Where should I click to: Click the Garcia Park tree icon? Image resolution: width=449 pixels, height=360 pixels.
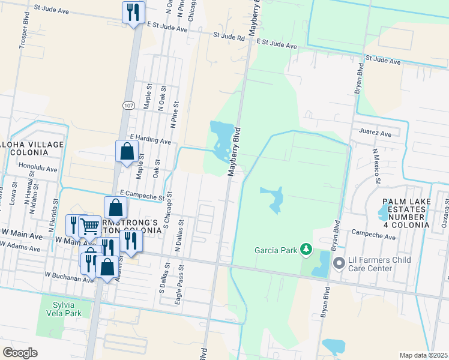[x=306, y=248]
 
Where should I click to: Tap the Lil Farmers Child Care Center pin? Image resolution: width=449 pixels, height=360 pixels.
[x=338, y=263]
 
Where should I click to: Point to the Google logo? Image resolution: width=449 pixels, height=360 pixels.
[x=20, y=353]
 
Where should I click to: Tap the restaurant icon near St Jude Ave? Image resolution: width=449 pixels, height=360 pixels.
[x=133, y=12]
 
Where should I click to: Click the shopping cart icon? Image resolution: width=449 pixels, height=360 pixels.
[x=90, y=226]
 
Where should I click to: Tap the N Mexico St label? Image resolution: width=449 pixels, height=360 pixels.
[x=376, y=166]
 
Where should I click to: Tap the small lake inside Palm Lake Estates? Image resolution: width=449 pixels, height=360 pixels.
[x=383, y=212]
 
